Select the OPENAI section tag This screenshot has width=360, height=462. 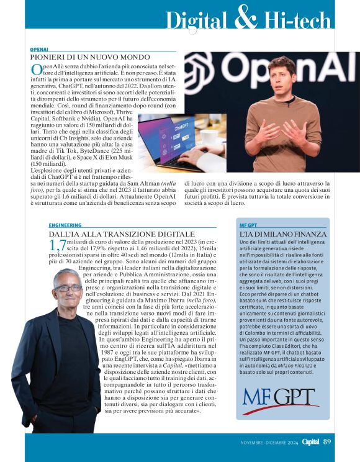point(39,49)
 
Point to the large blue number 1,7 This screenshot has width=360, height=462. point(57,245)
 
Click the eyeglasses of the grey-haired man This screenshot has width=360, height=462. point(67,288)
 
